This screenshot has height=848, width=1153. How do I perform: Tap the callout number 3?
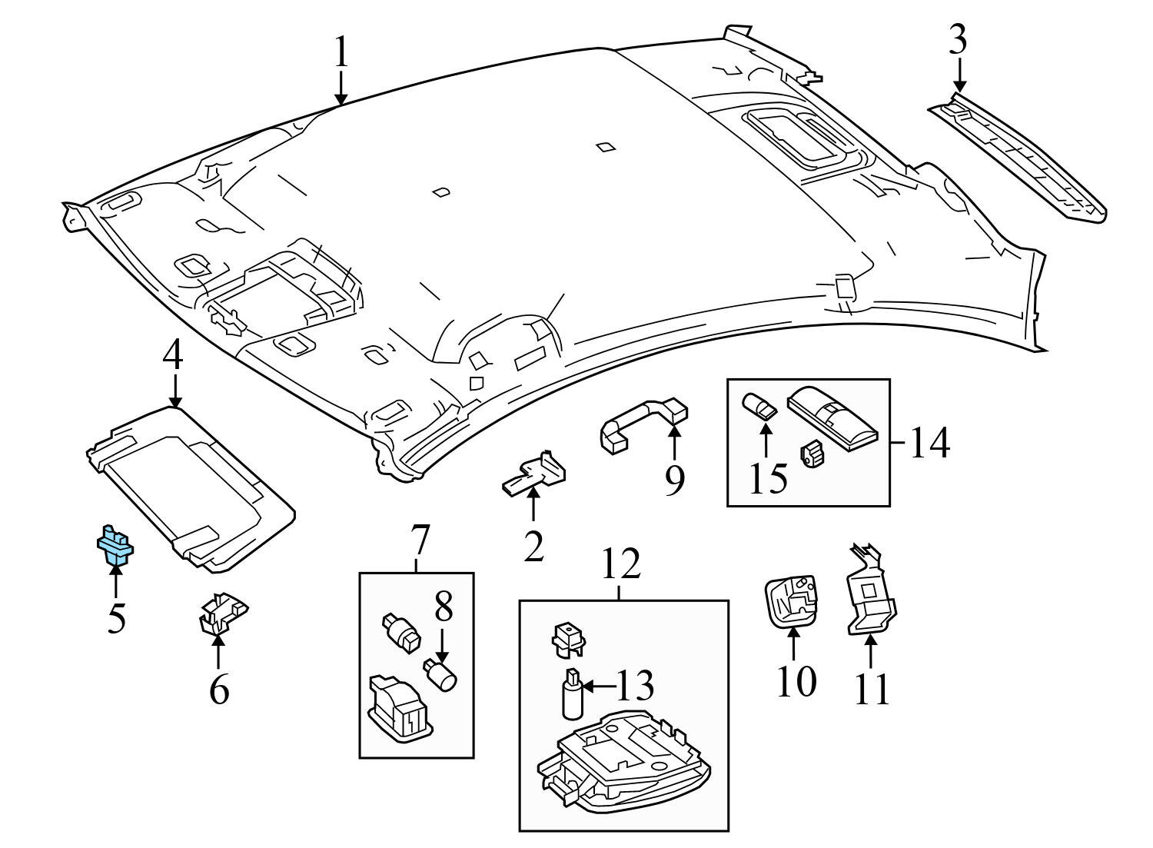pyautogui.click(x=957, y=40)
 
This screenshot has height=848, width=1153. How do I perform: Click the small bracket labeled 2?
pyautogui.click(x=535, y=476)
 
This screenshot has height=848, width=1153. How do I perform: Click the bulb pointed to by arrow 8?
pyautogui.click(x=442, y=676)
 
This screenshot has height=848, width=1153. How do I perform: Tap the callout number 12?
pyautogui.click(x=621, y=564)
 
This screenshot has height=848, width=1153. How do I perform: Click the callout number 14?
pyautogui.click(x=929, y=444)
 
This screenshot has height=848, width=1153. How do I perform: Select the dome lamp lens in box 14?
pyautogui.click(x=833, y=416)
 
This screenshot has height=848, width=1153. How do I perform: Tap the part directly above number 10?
pyautogui.click(x=791, y=601)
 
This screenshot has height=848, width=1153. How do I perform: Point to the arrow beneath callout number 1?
pyautogui.click(x=341, y=88)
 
